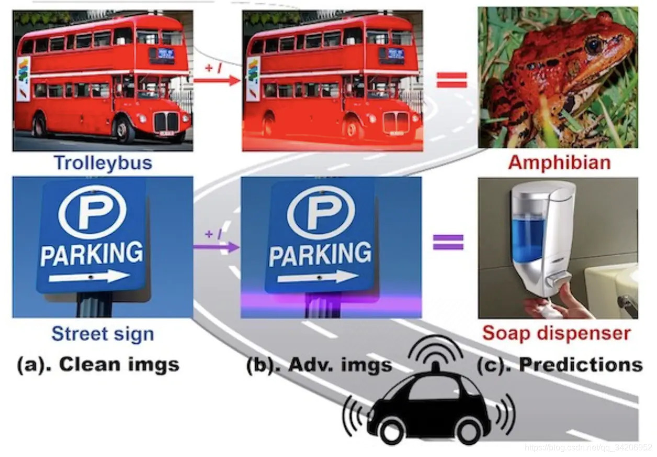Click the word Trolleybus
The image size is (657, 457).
tap(103, 163)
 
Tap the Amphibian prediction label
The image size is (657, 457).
tap(559, 163)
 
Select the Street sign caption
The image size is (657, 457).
tap(103, 333)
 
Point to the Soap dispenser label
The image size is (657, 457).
tap(556, 333)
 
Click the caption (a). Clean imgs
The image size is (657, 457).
tap(98, 364)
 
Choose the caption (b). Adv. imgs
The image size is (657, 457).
tap(319, 364)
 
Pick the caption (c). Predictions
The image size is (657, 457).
tap(559, 364)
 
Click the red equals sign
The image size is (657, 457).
tap(451, 80)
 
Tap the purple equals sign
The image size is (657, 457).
tap(448, 242)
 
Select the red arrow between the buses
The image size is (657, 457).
tap(217, 81)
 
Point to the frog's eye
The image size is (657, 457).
tap(593, 45)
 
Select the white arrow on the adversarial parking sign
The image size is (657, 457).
tap(318, 277)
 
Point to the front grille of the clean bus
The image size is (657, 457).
tap(166, 121)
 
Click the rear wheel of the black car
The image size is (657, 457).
tap(389, 433)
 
